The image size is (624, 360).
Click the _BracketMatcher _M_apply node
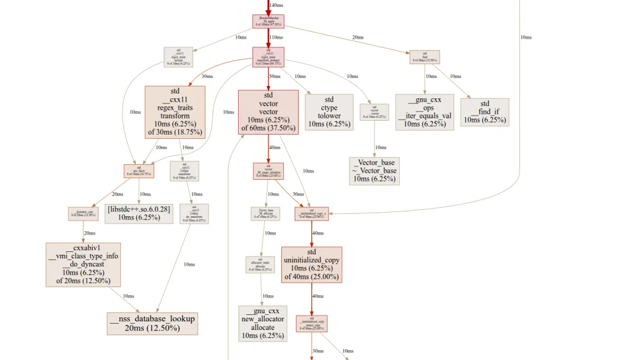268,21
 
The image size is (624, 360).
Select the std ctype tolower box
329,112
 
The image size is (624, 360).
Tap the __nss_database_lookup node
153,323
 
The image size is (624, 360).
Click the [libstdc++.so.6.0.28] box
139,213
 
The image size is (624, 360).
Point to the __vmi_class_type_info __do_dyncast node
83,265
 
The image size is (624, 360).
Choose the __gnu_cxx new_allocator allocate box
263,323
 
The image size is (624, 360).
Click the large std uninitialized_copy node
311,265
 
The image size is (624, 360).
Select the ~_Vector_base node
374,170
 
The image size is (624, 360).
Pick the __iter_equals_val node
424,112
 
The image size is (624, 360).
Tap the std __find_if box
485,112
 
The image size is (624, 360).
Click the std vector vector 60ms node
268,112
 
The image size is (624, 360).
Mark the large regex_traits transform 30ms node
175,112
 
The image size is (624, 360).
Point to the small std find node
425,57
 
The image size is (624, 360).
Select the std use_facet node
139,171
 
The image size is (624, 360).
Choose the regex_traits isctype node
179,57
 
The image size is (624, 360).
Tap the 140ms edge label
277,5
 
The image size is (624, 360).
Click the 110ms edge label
276,37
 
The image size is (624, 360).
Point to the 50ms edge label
274,76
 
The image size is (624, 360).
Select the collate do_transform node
194,214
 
